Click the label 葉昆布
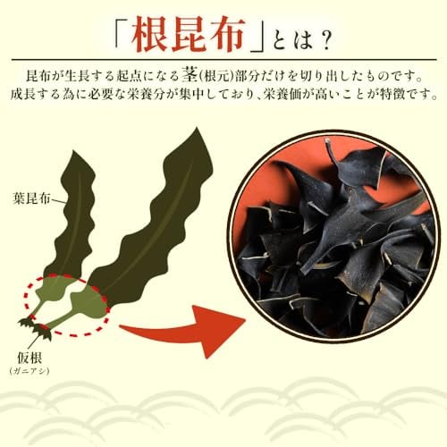(32, 198)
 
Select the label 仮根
(30, 358)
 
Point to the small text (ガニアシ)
(30, 371)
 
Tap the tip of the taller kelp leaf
(197, 128)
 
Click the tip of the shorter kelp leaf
(72, 151)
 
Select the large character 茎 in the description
(190, 76)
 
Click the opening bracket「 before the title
(122, 33)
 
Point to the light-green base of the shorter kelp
(51, 290)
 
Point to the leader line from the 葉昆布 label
(59, 201)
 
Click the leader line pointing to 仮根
(34, 342)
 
